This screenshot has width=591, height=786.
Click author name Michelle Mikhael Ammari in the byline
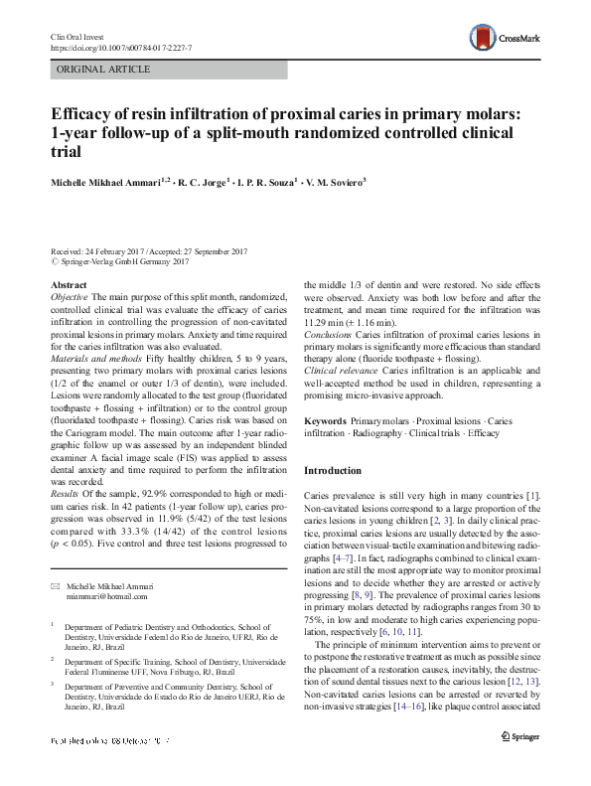pyautogui.click(x=109, y=182)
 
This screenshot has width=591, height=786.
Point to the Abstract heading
pyautogui.click(x=69, y=285)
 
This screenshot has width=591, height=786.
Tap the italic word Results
pyautogui.click(x=66, y=492)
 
